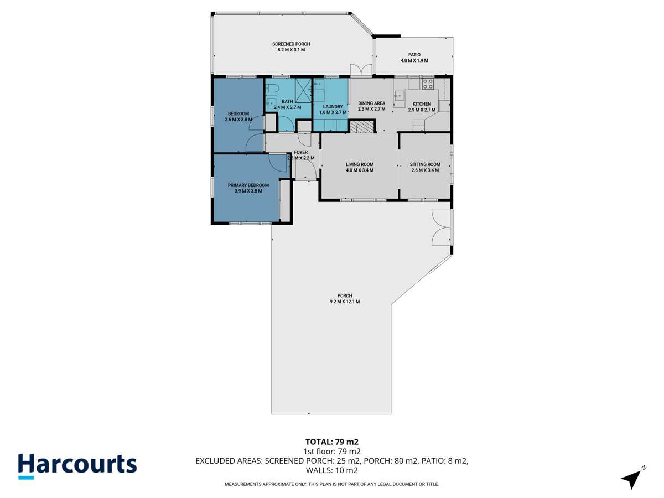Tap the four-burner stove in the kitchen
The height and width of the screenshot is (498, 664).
tap(428, 84)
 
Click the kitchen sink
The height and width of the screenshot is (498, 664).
tap(399, 96)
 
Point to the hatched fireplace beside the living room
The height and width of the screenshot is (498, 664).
tap(362, 128)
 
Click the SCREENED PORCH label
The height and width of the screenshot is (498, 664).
tap(291, 44)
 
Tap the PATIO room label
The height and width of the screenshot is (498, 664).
tap(414, 54)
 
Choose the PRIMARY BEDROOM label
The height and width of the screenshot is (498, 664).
tap(248, 185)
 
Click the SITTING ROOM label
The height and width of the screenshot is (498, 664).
tap(425, 164)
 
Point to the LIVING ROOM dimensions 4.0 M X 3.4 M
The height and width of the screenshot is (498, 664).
tap(360, 170)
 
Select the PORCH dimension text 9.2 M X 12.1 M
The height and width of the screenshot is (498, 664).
tap(341, 302)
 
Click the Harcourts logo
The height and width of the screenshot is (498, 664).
tap(77, 465)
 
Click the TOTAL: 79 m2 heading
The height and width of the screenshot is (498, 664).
tap(331, 442)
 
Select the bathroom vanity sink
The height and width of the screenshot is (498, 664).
tap(271, 103)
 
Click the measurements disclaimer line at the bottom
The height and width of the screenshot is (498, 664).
tap(331, 484)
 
